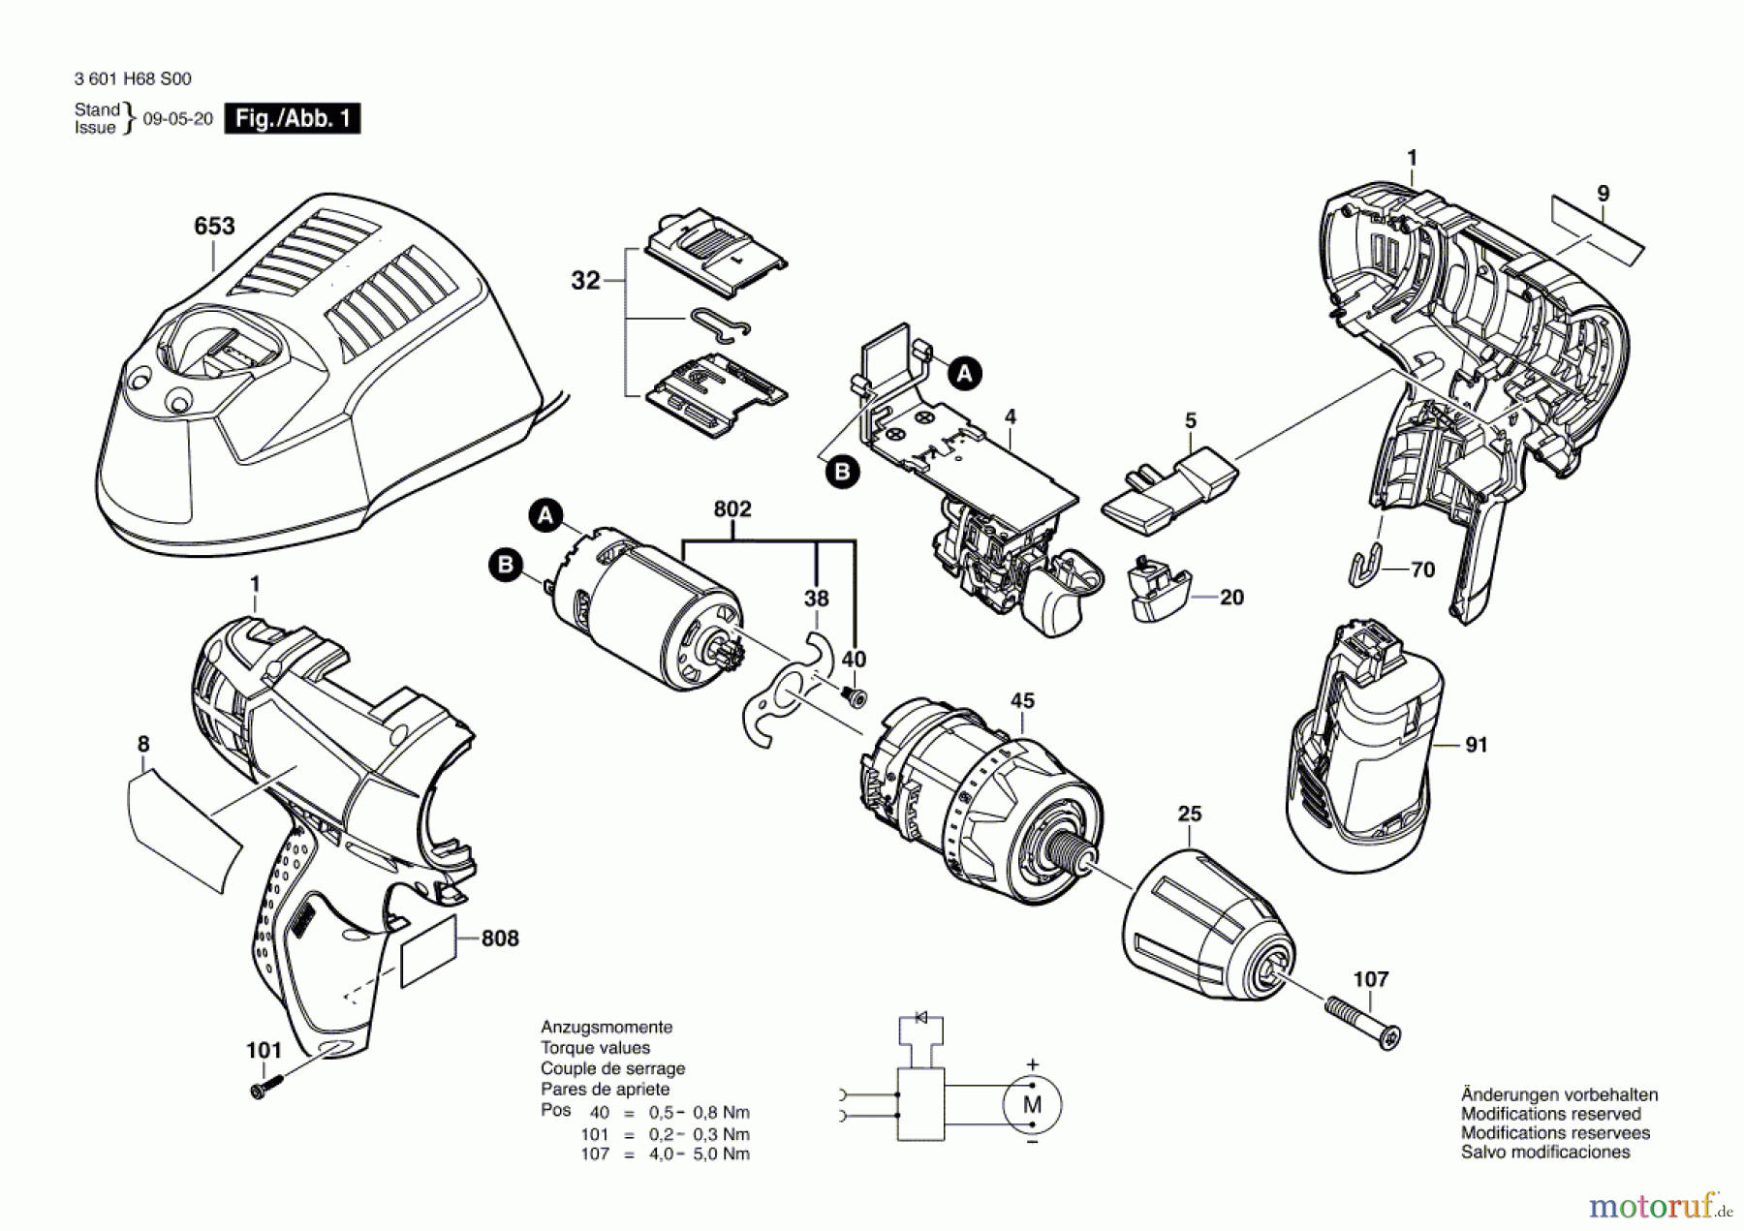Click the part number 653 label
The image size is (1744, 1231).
(x=214, y=226)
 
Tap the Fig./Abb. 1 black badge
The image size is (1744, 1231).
(x=292, y=118)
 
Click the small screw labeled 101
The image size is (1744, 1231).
(x=265, y=1087)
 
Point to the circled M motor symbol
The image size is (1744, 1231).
(x=1032, y=1104)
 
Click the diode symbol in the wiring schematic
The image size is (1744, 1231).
(x=920, y=1017)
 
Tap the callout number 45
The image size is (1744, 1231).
(x=1022, y=700)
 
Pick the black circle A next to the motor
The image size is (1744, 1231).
(x=546, y=515)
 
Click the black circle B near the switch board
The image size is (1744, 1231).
(x=842, y=472)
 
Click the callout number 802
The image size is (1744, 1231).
(x=732, y=509)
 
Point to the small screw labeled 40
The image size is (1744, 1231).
(x=854, y=696)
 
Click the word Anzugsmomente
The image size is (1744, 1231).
(x=606, y=1027)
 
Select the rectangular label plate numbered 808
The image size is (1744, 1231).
(x=427, y=949)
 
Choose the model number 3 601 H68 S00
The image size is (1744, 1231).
(x=133, y=78)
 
